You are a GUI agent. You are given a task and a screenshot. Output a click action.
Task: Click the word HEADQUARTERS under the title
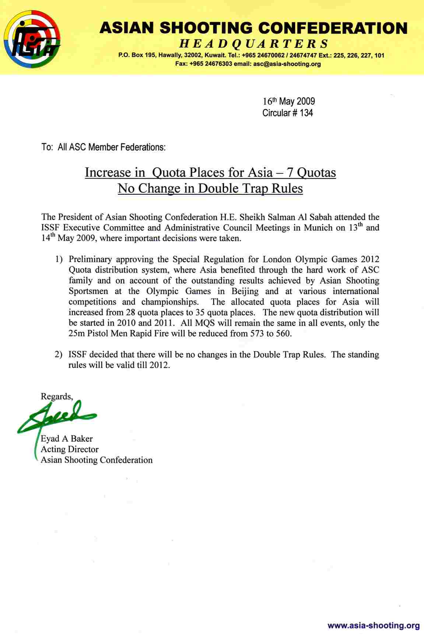point(253,44)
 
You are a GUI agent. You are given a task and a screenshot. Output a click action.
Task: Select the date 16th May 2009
point(289,101)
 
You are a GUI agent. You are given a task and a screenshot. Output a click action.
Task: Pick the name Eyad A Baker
point(66,439)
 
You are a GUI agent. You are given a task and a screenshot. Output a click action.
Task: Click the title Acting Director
point(69,449)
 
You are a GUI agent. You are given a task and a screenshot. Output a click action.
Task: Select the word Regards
point(56,396)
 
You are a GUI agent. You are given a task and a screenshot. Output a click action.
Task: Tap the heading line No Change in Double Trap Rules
point(210,188)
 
